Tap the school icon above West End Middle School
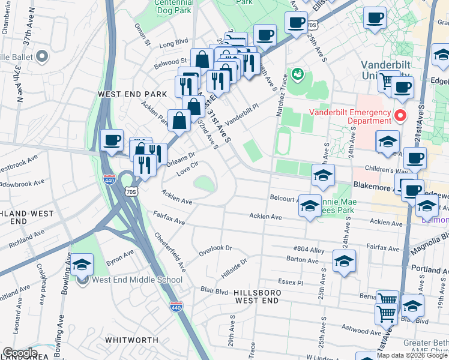tap(82, 264)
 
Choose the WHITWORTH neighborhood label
tap(131, 340)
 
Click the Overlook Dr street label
tap(215, 248)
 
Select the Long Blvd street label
tap(173, 43)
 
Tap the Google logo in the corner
tap(19, 353)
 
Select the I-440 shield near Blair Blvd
tap(176, 307)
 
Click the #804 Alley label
tap(309, 248)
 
